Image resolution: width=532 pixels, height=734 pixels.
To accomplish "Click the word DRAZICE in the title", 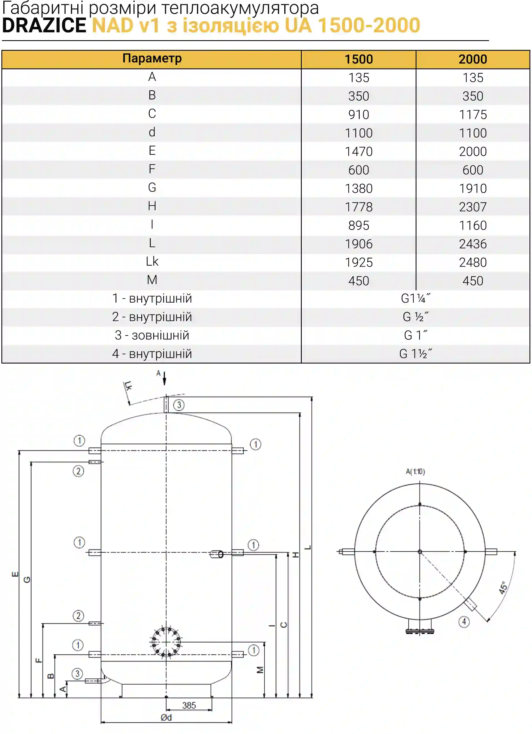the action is [44, 25].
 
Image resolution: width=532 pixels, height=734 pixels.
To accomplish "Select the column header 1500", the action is [359, 59].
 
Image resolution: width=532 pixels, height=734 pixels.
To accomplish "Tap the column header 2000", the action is [473, 59].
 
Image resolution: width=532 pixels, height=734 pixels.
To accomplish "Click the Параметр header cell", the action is [152, 58].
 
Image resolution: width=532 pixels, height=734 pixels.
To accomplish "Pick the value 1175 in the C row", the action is [473, 114].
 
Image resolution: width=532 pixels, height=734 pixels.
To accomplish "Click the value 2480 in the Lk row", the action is [473, 262].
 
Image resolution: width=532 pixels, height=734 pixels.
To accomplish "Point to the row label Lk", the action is [152, 261].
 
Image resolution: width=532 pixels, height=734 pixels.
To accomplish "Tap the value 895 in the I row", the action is [359, 225].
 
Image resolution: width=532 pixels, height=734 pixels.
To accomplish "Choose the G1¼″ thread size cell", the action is [416, 298].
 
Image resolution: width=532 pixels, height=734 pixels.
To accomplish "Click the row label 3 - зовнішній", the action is [152, 335].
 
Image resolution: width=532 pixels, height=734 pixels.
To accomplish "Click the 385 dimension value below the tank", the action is [189, 705].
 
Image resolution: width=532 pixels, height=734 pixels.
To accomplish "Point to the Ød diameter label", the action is [166, 717].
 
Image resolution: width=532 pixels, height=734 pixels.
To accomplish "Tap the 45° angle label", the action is [503, 588].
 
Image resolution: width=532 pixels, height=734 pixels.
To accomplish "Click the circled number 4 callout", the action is [464, 622].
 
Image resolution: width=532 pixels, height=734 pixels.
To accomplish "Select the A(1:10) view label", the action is [415, 472].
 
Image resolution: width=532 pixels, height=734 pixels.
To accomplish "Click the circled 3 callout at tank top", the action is [179, 405].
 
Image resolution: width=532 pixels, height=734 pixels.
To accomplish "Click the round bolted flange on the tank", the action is [166, 642].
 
